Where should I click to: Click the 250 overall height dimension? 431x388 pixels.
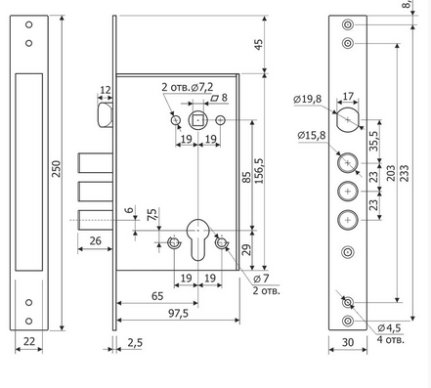[x=57, y=168]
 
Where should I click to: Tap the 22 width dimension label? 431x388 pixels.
[x=29, y=341]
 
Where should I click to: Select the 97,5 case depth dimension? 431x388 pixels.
[x=179, y=314]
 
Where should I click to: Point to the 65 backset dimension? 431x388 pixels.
[x=157, y=296]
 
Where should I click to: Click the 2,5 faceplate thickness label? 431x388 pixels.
[x=135, y=343]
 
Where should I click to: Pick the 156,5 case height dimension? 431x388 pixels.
[x=259, y=171]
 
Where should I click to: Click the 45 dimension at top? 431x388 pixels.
[x=258, y=44]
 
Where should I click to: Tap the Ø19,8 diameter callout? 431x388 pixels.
[x=307, y=99]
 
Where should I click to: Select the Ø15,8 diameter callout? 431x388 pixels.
[x=312, y=135]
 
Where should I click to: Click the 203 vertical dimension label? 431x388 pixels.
[x=390, y=173]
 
